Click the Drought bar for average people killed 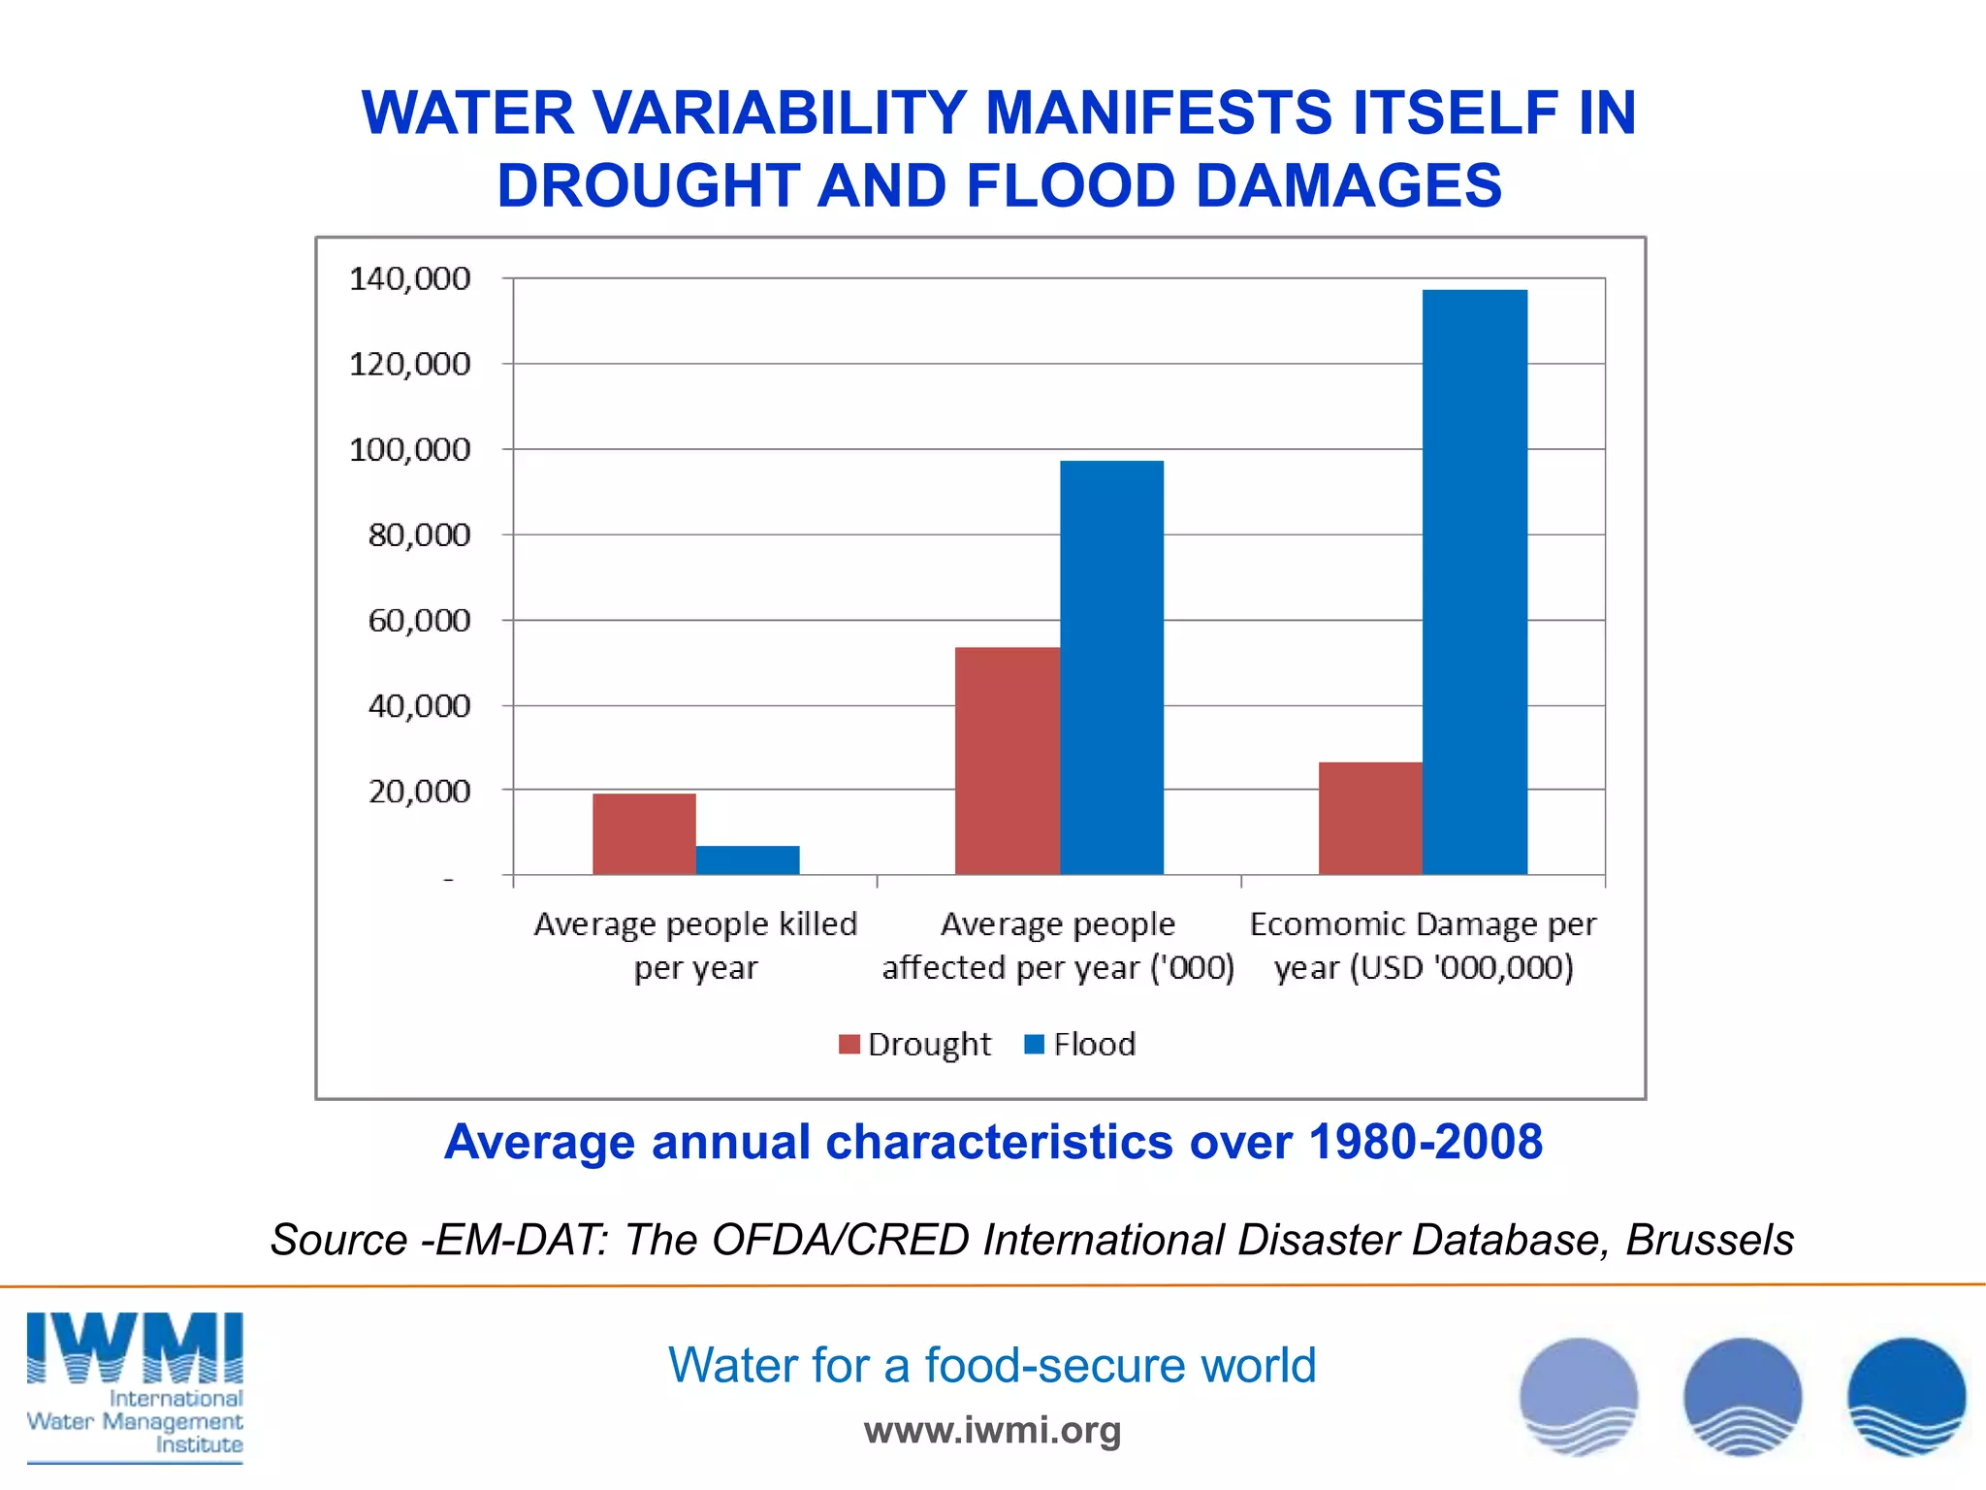[x=644, y=834]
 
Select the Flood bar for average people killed [x=748, y=859]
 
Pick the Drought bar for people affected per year [x=1007, y=761]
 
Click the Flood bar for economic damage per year [x=1474, y=582]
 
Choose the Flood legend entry [x=1080, y=1045]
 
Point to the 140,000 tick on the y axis [x=409, y=279]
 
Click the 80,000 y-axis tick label [x=419, y=534]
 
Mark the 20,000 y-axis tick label [x=419, y=792]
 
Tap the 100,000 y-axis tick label [x=409, y=450]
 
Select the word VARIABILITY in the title [x=780, y=113]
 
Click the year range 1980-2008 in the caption [x=1425, y=1142]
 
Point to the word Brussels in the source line [x=1709, y=1240]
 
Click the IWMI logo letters [x=135, y=1348]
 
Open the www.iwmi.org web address [x=992, y=1430]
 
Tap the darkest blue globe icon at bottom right [x=1906, y=1397]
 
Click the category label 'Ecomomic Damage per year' [x=1423, y=946]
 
